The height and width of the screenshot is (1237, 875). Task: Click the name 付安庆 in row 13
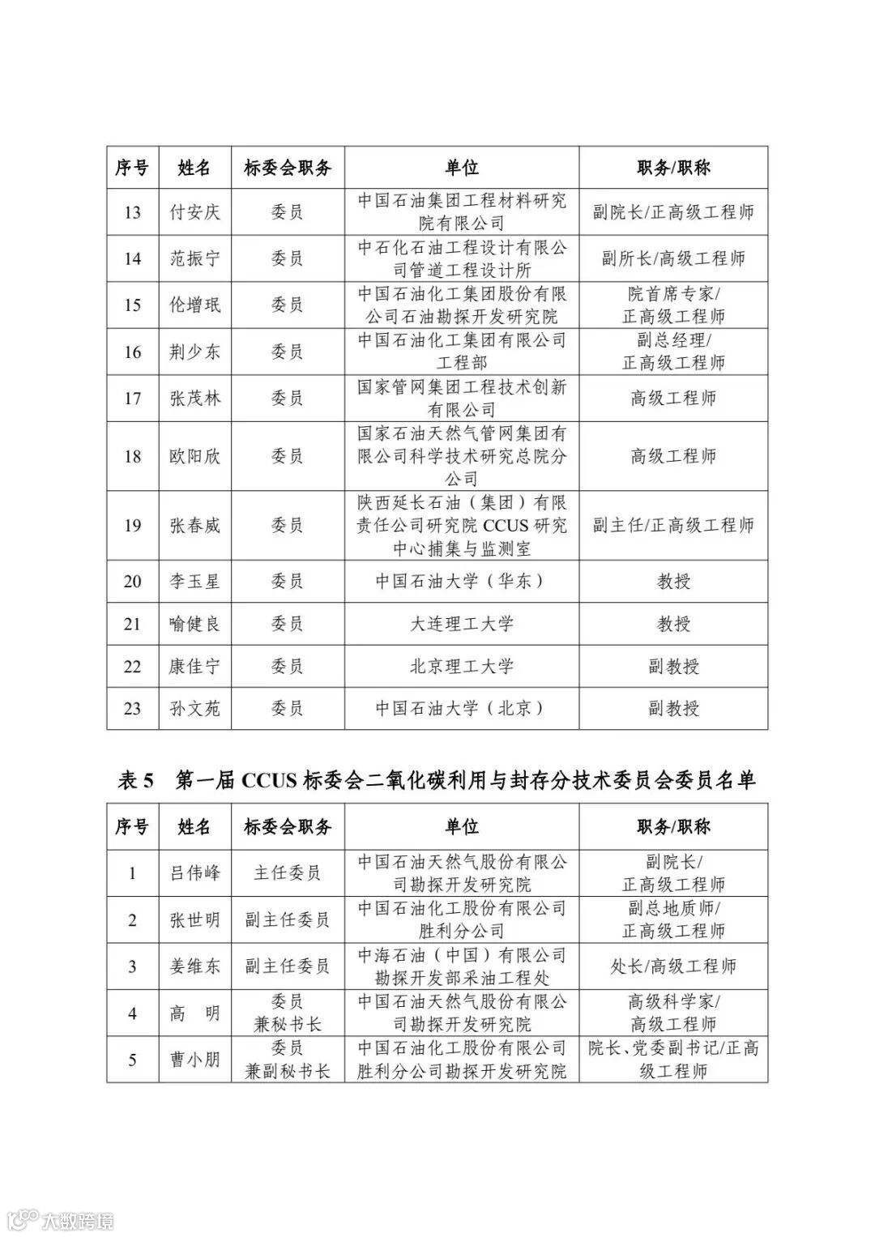coord(194,212)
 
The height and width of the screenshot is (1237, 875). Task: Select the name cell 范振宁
coord(194,258)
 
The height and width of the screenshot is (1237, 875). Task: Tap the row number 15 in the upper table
coord(132,305)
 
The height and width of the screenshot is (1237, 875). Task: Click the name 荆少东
coord(194,352)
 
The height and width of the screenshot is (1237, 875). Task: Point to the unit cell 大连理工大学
coord(462,624)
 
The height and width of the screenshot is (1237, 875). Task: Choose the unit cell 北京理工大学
coord(462,667)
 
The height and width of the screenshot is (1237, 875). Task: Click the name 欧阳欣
coord(194,456)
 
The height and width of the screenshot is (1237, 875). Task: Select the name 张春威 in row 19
coord(194,526)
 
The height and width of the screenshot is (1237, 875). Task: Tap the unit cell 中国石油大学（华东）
coord(462,581)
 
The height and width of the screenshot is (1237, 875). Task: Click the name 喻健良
coord(194,624)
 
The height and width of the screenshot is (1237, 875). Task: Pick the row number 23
coord(132,709)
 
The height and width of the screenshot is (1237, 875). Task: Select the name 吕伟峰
coord(194,873)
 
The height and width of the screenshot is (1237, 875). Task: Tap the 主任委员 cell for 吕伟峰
coord(288,873)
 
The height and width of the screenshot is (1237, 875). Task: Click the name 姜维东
coord(194,966)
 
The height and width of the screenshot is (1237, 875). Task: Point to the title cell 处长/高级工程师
coord(673,966)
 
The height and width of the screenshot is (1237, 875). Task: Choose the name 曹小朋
coord(194,1060)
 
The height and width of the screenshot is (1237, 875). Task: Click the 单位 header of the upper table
coord(462,168)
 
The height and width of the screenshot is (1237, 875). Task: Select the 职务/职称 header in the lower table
coord(673,827)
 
